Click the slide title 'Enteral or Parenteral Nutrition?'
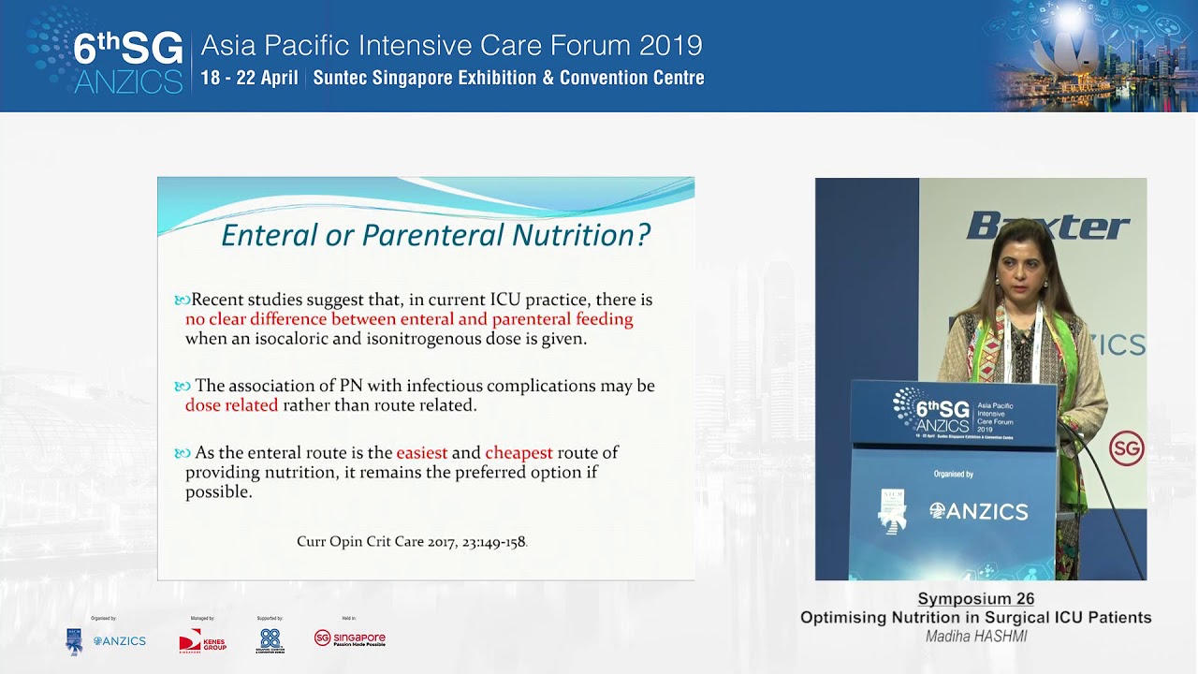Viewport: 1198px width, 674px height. (x=435, y=234)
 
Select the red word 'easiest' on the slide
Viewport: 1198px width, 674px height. (x=421, y=453)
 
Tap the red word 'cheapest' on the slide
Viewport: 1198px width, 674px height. (x=519, y=453)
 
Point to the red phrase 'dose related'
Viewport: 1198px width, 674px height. (x=231, y=405)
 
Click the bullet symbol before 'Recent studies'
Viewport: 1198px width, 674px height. (x=182, y=300)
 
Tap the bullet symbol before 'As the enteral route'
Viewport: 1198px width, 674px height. (x=182, y=453)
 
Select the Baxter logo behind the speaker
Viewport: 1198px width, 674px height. (x=1047, y=226)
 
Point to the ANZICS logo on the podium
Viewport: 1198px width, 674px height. (x=978, y=511)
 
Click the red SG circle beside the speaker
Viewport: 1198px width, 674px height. (x=1126, y=448)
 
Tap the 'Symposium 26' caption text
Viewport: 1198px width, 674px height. (x=975, y=599)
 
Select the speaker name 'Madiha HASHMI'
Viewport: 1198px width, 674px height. (x=975, y=637)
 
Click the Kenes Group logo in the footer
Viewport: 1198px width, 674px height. (x=202, y=641)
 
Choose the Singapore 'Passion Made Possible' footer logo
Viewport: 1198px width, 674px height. (x=349, y=639)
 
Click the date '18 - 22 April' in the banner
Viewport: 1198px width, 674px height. (x=249, y=79)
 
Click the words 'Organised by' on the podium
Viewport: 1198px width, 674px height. (x=953, y=475)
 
